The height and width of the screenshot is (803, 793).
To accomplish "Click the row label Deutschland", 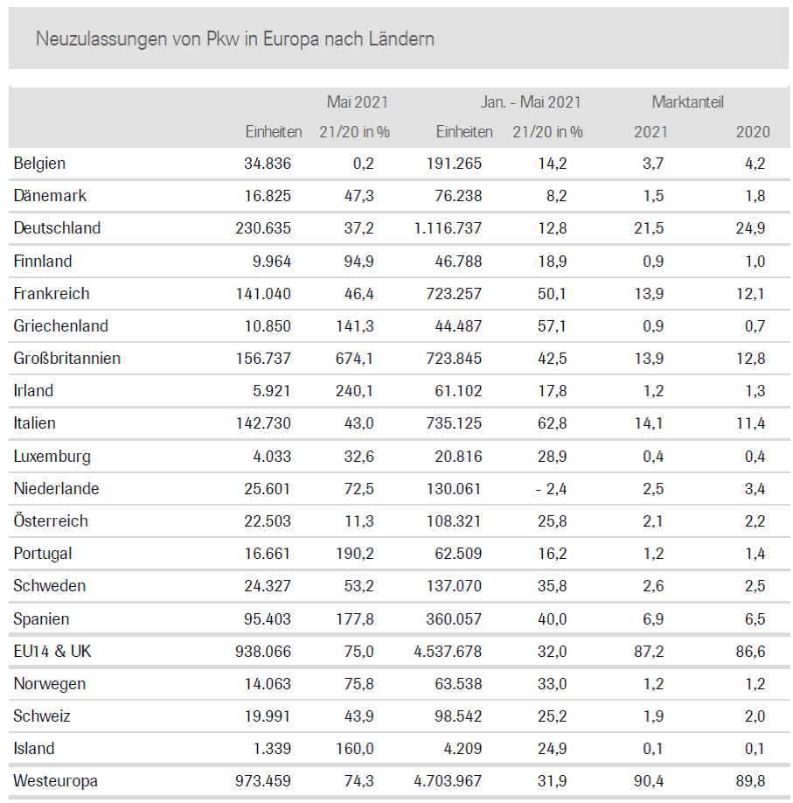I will tap(57, 228).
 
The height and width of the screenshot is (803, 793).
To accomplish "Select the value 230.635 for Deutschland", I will tap(263, 228).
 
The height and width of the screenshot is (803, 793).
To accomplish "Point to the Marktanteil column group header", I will tap(687, 102).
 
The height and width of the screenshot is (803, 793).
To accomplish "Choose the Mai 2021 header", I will tap(358, 102).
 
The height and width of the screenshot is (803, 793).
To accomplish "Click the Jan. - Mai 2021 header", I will tap(531, 102).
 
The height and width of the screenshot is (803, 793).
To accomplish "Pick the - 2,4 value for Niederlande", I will tap(551, 489).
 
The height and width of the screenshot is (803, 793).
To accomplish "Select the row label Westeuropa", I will tap(55, 781).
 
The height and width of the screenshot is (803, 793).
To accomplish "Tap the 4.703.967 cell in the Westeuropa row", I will tap(447, 781).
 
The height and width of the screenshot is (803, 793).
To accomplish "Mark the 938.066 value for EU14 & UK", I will tap(263, 652).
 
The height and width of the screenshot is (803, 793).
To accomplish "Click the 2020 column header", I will tap(753, 132).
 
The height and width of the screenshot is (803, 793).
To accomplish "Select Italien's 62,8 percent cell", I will tap(553, 423).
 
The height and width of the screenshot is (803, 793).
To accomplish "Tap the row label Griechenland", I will tap(61, 326).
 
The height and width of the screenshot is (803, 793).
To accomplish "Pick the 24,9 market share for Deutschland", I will tap(750, 228).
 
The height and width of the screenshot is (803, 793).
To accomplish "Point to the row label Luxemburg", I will tap(52, 457).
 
